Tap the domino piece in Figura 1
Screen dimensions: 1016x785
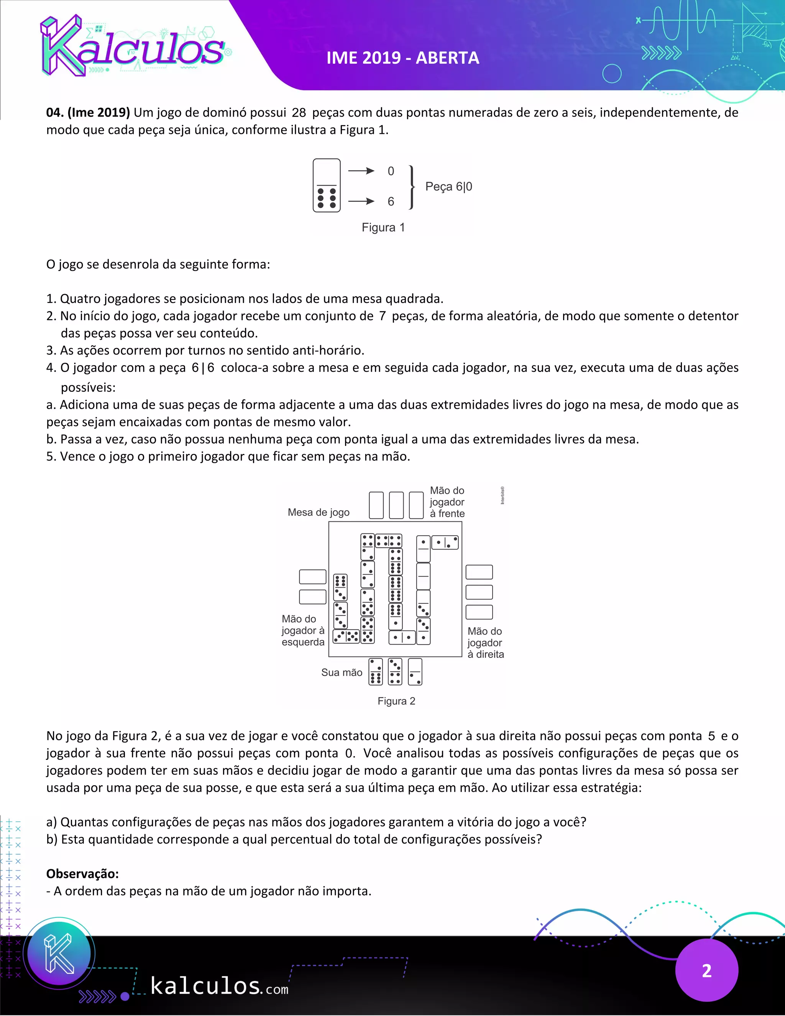pos(327,186)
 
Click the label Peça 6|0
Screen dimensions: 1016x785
pos(448,187)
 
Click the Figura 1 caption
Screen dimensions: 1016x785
pos(383,227)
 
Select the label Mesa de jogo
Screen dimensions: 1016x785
pos(318,512)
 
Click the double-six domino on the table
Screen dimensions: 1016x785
pos(395,589)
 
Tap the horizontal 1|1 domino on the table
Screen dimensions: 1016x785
pos(402,637)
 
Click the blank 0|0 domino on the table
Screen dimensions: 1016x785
pos(423,576)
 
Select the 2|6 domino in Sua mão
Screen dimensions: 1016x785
pos(375,672)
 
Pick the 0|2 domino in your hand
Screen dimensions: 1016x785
pos(415,672)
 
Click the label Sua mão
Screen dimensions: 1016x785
pos(342,672)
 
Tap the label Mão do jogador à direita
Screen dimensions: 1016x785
pos(485,643)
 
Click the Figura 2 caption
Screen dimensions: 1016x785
pos(396,701)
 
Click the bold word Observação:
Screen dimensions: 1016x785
pos(82,874)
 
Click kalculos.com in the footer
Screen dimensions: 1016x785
pos(218,986)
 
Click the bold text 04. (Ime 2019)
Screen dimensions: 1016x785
pos(88,113)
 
